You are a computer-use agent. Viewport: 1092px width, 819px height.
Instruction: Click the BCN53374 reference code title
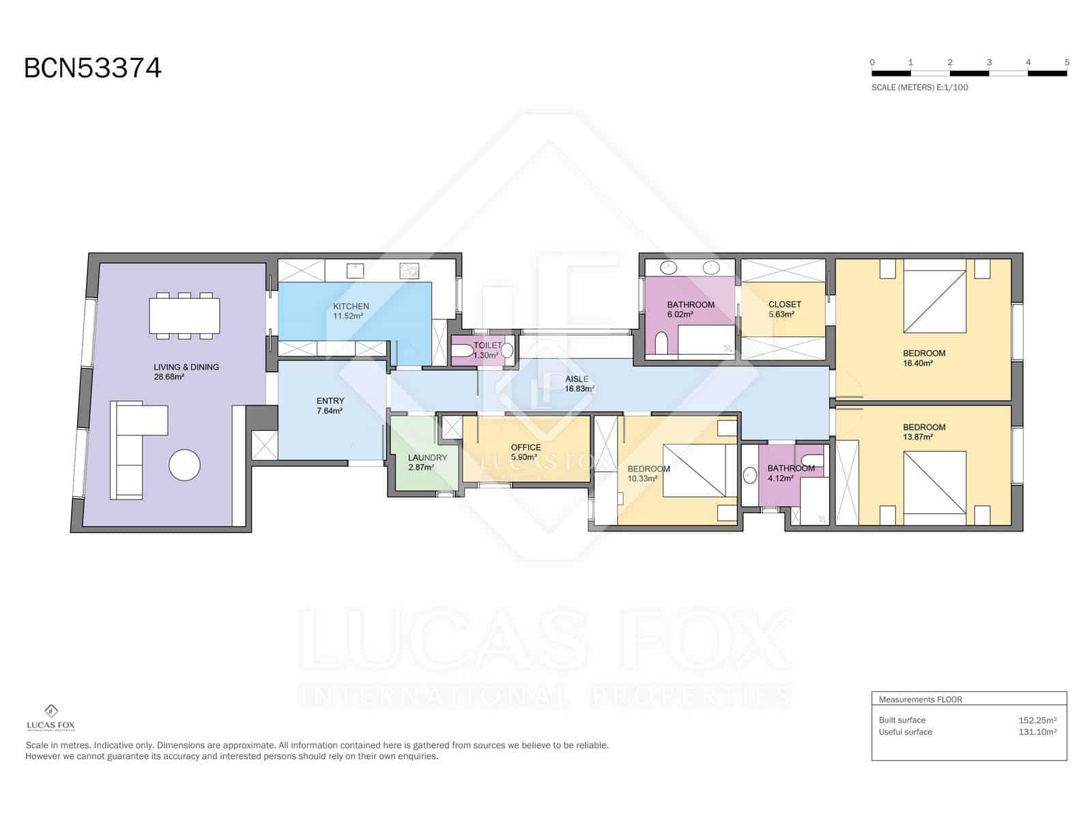(x=93, y=68)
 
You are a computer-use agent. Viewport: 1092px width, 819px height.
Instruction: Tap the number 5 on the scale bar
(x=1067, y=62)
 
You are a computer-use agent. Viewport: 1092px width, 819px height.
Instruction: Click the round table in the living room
(x=184, y=465)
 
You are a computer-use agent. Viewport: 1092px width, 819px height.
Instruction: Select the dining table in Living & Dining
(x=184, y=316)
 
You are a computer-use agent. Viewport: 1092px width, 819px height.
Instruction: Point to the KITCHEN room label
(x=351, y=306)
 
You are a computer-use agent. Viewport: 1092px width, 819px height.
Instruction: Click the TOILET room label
(x=487, y=345)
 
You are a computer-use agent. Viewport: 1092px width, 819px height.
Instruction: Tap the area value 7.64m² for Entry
(x=330, y=411)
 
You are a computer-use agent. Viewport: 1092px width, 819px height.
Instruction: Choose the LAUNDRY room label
(x=427, y=457)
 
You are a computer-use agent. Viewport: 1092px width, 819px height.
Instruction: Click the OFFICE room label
(x=526, y=447)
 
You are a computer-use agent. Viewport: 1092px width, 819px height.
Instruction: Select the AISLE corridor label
(x=577, y=379)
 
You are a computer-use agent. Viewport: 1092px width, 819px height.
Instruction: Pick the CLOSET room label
(x=785, y=304)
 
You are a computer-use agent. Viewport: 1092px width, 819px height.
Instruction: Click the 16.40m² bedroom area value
(x=918, y=363)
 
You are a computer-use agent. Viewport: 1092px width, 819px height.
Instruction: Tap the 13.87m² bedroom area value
(x=918, y=437)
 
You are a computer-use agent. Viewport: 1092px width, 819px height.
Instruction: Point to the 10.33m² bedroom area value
(x=642, y=478)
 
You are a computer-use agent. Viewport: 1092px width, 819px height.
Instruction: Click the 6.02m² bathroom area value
(x=680, y=314)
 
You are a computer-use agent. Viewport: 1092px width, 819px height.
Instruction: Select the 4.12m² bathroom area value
(x=780, y=478)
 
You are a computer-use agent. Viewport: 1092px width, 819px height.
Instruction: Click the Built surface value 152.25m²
(x=1037, y=720)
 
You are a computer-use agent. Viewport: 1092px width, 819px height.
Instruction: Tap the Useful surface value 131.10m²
(x=1037, y=732)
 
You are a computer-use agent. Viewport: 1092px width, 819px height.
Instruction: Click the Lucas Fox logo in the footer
(x=51, y=717)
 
